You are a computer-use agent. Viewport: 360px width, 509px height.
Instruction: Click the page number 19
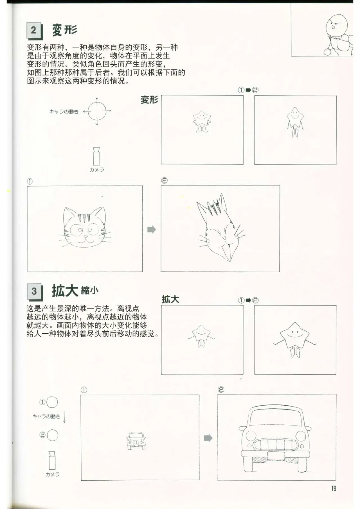(x=334, y=488)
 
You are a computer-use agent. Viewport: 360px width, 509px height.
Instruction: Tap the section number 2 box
(x=34, y=30)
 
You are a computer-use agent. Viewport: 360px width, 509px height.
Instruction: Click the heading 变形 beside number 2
(x=65, y=30)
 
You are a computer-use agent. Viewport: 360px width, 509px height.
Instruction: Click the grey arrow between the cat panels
(x=152, y=230)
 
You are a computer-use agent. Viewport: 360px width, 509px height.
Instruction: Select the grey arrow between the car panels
(x=208, y=438)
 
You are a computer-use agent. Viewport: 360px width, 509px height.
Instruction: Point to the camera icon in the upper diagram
(x=97, y=156)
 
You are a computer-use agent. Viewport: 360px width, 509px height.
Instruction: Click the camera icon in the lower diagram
(x=52, y=460)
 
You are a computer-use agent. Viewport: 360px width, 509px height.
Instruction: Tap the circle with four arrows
(x=97, y=111)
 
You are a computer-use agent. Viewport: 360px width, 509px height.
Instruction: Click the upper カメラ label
(x=97, y=169)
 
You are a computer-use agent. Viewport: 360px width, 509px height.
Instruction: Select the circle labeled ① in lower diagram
(x=52, y=402)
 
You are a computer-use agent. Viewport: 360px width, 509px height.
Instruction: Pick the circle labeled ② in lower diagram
(x=52, y=435)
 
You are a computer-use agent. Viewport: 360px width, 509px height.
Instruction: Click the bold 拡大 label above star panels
(x=170, y=299)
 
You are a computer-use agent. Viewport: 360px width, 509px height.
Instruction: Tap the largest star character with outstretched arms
(x=295, y=340)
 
